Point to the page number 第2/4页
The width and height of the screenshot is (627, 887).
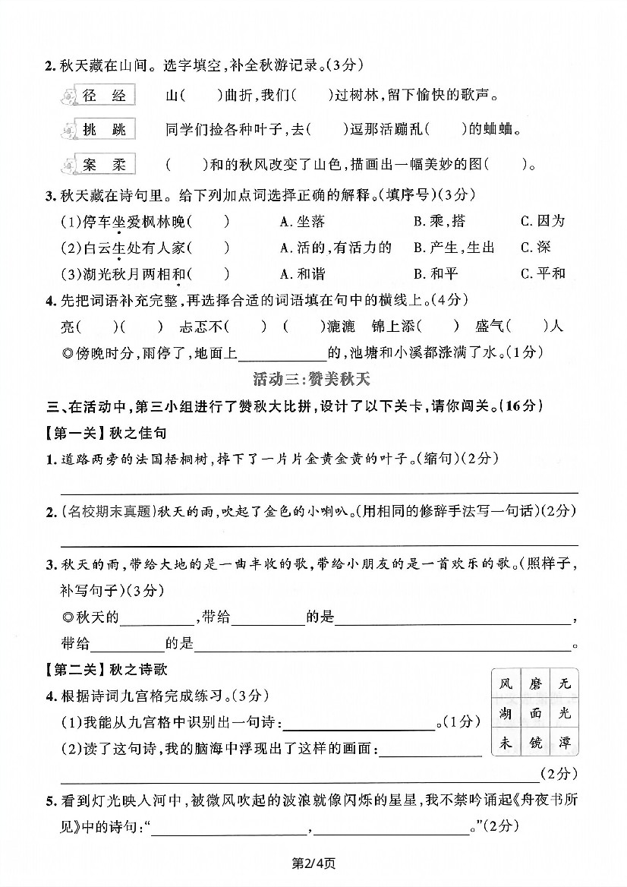(313, 862)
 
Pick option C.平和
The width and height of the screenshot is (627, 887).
(543, 273)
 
